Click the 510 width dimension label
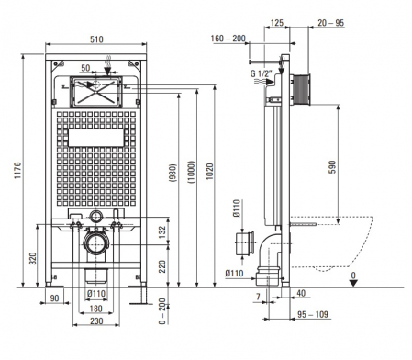[x=96, y=39]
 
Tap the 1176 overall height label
[x=18, y=170]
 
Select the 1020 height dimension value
[x=209, y=171]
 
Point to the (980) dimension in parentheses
[x=173, y=173]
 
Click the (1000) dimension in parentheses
[x=192, y=172]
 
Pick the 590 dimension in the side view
[x=332, y=167]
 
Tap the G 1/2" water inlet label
[x=262, y=73]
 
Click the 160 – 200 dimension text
[x=228, y=39]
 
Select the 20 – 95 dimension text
[x=331, y=23]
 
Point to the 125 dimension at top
[x=277, y=23]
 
